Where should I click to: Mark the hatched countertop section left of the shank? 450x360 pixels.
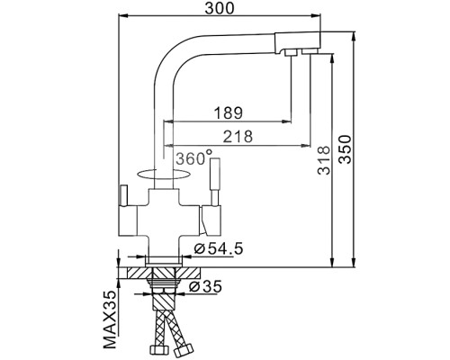coord(135,269)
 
